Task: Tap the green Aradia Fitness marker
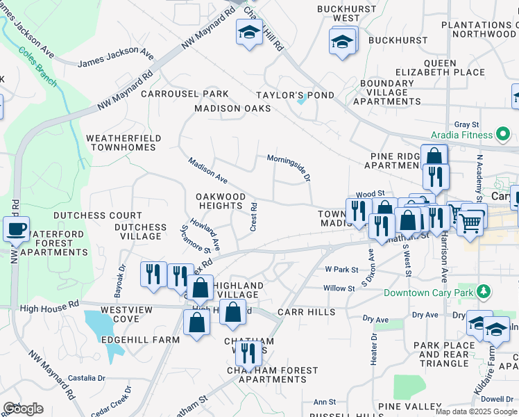click(504, 133)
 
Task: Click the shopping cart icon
click(470, 223)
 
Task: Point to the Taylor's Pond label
click(295, 95)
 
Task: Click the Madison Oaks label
click(232, 108)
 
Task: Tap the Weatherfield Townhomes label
click(124, 143)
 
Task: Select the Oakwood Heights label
click(220, 202)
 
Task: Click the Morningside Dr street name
click(289, 167)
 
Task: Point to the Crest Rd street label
click(254, 218)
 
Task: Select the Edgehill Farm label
click(140, 339)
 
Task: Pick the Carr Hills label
click(307, 313)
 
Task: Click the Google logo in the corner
click(23, 409)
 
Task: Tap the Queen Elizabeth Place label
click(440, 67)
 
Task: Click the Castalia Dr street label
click(87, 377)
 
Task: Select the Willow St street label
click(339, 288)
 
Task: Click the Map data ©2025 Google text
click(476, 411)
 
